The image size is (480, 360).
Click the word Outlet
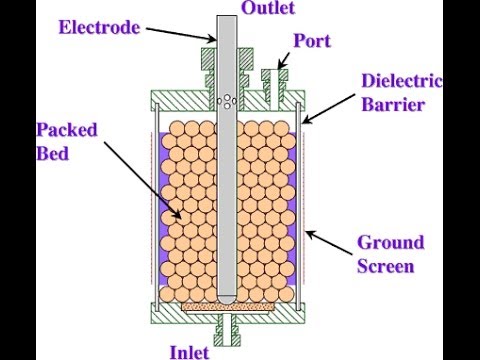pos(268,8)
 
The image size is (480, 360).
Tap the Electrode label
pos(99,27)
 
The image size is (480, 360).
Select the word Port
pos(312,41)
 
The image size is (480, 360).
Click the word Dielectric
pos(402,81)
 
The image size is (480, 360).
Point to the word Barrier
pos(393,104)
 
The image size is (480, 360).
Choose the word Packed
pos(67,130)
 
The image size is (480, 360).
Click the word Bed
pos(52,154)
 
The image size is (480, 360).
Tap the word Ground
pos(391,242)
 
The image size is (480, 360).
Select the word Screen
pos(386,266)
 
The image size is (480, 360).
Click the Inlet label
pos(189,352)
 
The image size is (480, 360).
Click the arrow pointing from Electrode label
pos(181,35)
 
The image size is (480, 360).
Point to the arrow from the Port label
pos(283,60)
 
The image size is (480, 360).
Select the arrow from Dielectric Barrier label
pos(329,109)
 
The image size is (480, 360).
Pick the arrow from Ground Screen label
pos(330,243)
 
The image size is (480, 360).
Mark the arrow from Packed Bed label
pos(143,181)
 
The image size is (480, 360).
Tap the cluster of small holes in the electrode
pos(227,101)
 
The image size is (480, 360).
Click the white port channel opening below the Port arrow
pos(273,89)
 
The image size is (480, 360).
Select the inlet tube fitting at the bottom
pos(227,329)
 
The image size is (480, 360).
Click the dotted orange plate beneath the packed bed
pos(227,306)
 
